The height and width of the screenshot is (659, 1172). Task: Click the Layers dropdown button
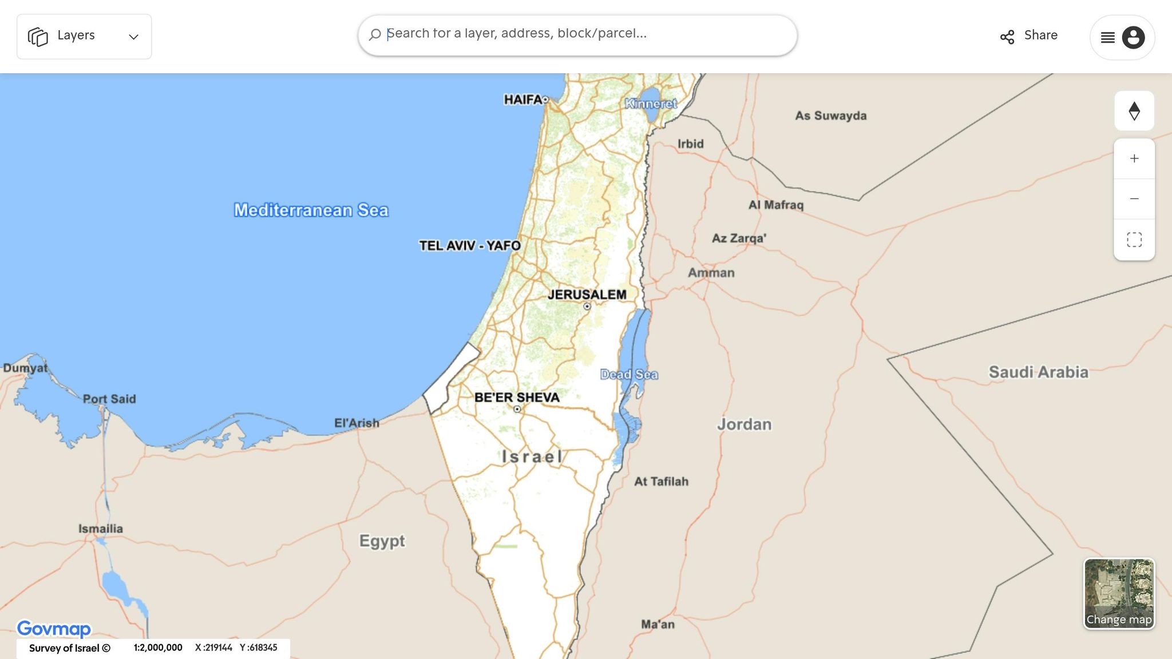coord(84,37)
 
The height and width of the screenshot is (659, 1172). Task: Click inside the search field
coord(578,34)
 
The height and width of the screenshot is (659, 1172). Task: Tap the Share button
coord(1029,36)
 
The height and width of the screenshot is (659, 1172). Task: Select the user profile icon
coord(1133,38)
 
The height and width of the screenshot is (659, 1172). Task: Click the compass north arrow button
coord(1134,111)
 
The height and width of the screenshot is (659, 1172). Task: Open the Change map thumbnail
coord(1119,593)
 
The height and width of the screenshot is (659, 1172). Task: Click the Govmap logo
coord(54,629)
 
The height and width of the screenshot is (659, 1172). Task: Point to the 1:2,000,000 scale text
coord(158,648)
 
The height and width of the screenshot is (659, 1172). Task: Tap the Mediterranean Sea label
coord(311,211)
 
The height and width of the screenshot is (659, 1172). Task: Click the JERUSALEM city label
coord(587,295)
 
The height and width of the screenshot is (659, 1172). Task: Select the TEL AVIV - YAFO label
coord(470,246)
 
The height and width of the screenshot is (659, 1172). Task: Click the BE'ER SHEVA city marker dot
coord(517,409)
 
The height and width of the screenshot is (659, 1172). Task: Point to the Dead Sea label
coord(629,375)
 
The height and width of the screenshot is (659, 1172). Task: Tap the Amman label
coord(711,273)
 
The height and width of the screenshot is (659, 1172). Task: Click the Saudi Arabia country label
coord(1038,372)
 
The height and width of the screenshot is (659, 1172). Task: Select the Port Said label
coord(109,399)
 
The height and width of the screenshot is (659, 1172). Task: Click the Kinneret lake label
coord(651,104)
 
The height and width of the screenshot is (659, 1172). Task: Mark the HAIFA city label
coord(522,100)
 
